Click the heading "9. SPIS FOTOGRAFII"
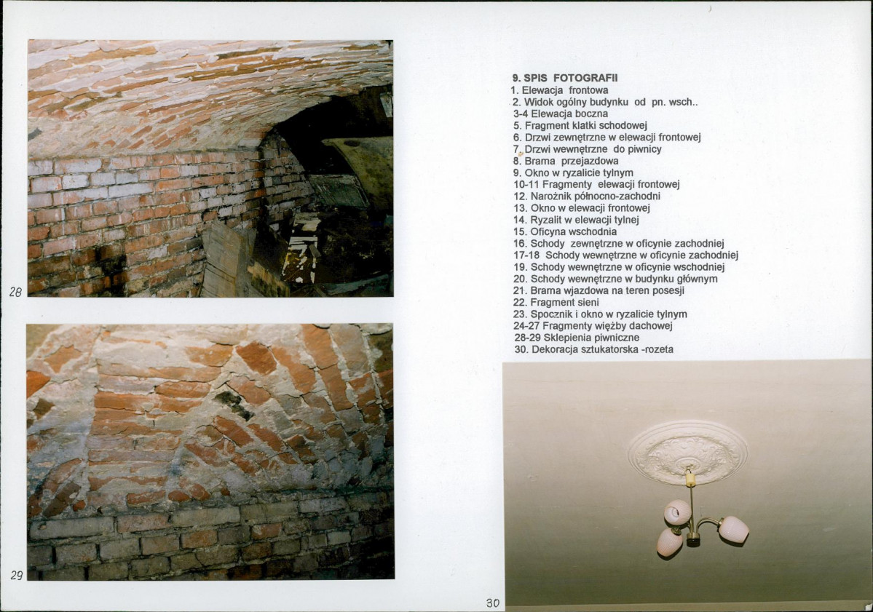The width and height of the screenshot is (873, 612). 564,79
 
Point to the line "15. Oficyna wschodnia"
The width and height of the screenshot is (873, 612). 564,231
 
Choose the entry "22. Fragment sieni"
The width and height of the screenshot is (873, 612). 556,302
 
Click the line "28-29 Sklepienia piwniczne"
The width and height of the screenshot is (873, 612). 576,338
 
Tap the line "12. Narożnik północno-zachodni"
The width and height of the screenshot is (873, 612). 587,196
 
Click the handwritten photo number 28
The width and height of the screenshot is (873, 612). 15,292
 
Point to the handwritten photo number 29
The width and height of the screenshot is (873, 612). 16,576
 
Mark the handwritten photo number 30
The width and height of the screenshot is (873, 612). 493,603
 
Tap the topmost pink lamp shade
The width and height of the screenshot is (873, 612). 677,512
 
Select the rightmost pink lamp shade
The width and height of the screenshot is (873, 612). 733,528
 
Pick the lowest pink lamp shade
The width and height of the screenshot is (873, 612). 670,542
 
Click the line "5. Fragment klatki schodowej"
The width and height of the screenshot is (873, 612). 580,126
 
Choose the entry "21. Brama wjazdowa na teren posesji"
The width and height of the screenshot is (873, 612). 599,290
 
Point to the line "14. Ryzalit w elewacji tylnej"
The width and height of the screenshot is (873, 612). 576,220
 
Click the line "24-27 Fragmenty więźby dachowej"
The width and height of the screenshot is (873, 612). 593,326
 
